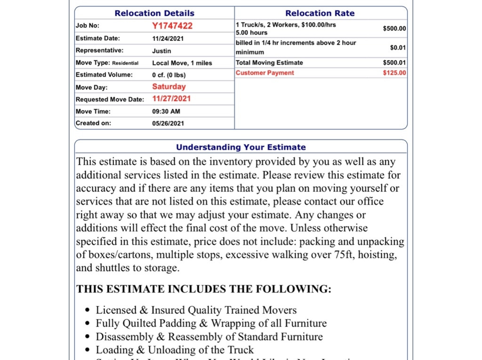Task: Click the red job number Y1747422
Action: click(172, 26)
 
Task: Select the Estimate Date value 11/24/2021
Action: click(168, 39)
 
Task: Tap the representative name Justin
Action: click(161, 51)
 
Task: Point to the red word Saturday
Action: click(169, 87)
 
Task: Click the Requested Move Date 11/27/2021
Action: click(171, 99)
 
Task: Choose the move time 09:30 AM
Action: click(166, 112)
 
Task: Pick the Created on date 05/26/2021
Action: click(168, 123)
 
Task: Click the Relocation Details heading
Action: click(154, 13)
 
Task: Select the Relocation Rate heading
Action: click(320, 13)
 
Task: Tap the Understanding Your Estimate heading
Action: click(241, 147)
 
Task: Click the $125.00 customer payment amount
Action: click(394, 73)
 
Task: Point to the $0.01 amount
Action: click(398, 48)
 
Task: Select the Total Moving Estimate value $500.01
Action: click(394, 63)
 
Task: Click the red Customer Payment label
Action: click(265, 73)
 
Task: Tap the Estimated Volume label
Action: click(104, 75)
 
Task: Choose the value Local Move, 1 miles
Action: click(182, 63)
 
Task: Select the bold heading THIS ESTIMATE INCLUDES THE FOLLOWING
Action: click(204, 289)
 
